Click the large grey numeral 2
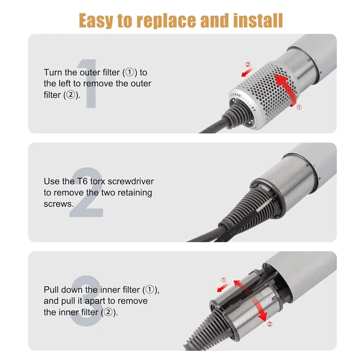click(88, 193)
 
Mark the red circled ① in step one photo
click(299, 107)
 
